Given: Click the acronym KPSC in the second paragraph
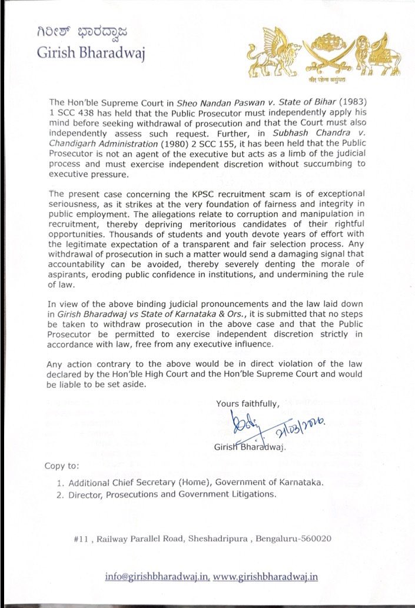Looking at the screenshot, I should pos(172,194).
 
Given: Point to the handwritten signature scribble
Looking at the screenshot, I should pos(242,423).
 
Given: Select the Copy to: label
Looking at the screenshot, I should pos(61,466).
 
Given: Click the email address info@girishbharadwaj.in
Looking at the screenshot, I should pos(157,577).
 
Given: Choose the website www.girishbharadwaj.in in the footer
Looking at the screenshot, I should pos(265,577).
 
